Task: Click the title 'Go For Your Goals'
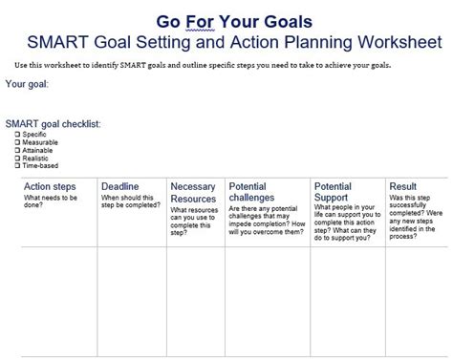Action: click(x=226, y=21)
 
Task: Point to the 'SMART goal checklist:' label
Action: click(x=53, y=123)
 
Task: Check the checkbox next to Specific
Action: click(x=18, y=135)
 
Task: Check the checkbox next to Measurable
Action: click(x=18, y=142)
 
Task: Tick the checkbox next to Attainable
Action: click(x=18, y=150)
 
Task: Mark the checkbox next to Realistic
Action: click(x=18, y=158)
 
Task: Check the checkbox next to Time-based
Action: click(x=18, y=165)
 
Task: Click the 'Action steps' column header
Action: click(x=50, y=187)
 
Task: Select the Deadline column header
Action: click(x=119, y=187)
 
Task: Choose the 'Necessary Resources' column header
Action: click(x=193, y=193)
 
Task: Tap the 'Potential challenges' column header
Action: click(x=251, y=193)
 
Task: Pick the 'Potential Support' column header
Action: click(x=333, y=193)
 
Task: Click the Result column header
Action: click(x=402, y=187)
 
